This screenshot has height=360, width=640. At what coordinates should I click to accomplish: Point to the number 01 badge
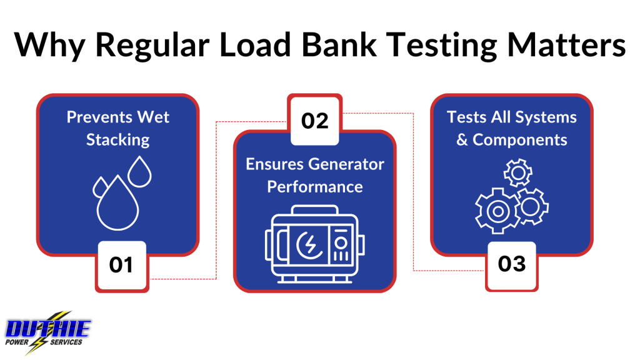121,266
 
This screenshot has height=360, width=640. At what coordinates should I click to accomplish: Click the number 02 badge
315,120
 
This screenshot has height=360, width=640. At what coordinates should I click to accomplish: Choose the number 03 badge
511,265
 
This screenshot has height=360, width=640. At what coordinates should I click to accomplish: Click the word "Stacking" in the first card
118,139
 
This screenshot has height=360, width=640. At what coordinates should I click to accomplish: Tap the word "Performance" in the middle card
315,186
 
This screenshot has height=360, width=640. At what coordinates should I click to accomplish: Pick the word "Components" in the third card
520,139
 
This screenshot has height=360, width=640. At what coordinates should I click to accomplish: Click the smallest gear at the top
517,172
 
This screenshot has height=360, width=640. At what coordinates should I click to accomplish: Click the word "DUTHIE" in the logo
48,329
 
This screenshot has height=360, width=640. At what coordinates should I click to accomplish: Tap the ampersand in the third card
462,139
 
